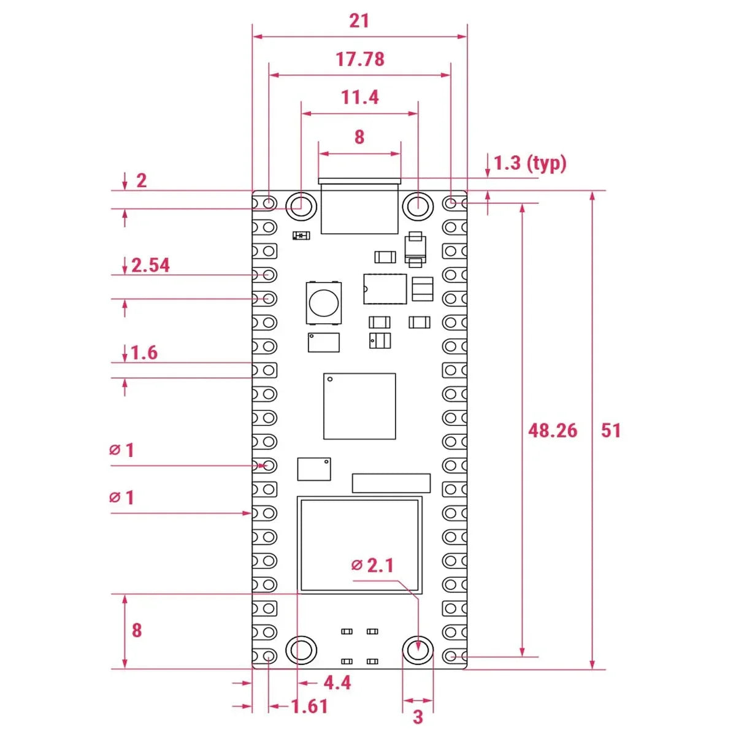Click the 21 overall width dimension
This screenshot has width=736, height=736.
(x=359, y=21)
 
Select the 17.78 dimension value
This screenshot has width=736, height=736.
(x=360, y=59)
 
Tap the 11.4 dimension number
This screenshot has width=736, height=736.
(x=360, y=98)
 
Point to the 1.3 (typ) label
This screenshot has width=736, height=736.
(x=530, y=163)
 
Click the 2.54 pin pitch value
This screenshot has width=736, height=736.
(x=150, y=266)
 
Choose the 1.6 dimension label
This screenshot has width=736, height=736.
(x=144, y=353)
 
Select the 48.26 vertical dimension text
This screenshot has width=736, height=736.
(x=553, y=431)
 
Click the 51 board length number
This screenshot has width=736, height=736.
(x=611, y=431)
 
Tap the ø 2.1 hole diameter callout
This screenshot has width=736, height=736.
(x=372, y=565)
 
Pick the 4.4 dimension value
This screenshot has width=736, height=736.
(x=337, y=683)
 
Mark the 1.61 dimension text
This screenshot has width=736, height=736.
(x=310, y=707)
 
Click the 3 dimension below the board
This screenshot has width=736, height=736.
(x=418, y=717)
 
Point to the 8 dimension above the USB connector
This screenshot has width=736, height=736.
(x=359, y=137)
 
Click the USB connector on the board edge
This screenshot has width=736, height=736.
(x=359, y=206)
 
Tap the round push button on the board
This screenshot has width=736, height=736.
(x=323, y=302)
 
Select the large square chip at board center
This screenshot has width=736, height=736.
(x=359, y=406)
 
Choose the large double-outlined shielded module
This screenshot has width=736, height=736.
(x=359, y=545)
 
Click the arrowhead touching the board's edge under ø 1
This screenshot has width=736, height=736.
(x=248, y=513)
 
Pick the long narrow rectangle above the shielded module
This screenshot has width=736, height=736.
(x=391, y=483)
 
